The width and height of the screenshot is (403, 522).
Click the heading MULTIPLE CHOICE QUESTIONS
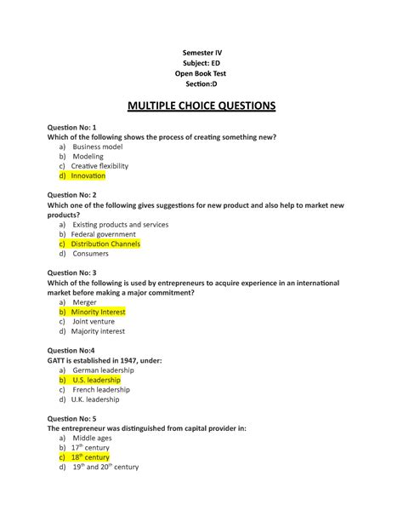201,106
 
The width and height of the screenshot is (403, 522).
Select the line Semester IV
201,53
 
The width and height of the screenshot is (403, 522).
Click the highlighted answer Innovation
88,175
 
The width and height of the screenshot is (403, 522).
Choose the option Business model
97,146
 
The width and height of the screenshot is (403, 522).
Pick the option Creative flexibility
100,166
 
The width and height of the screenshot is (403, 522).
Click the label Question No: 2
77,195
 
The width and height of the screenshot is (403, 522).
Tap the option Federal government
103,234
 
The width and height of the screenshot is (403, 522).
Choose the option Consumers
91,254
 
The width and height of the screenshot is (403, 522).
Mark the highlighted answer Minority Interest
98,313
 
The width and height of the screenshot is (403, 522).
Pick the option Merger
84,302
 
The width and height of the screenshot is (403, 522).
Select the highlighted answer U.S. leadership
96,380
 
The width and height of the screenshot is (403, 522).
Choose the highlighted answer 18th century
90,457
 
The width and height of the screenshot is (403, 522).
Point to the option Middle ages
92,438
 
